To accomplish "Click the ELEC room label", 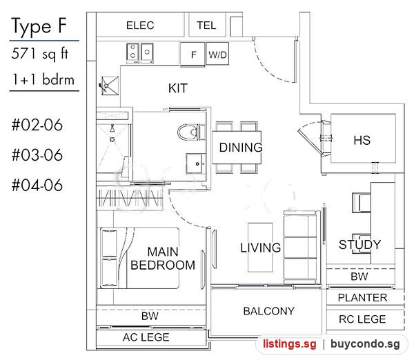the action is [140, 26].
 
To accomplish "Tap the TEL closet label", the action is [206, 26].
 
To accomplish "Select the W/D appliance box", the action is [217, 54].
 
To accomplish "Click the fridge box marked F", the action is [193, 54].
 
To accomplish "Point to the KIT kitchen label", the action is [178, 88].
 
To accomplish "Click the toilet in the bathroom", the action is [191, 132].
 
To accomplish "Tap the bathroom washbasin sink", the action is [196, 163].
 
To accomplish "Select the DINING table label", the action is [241, 148].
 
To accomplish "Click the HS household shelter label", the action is [362, 140].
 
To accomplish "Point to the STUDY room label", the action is [359, 245].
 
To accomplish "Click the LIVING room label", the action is [260, 248].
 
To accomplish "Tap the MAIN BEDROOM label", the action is [163, 259].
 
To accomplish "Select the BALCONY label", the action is [269, 311].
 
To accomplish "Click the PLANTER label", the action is [362, 298].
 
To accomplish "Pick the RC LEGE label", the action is [362, 319].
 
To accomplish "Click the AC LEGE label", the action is [146, 337].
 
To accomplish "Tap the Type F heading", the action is [39, 26].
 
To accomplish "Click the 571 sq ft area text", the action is [40, 54].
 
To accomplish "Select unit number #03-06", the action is [37, 155].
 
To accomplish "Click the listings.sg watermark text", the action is [289, 344].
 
